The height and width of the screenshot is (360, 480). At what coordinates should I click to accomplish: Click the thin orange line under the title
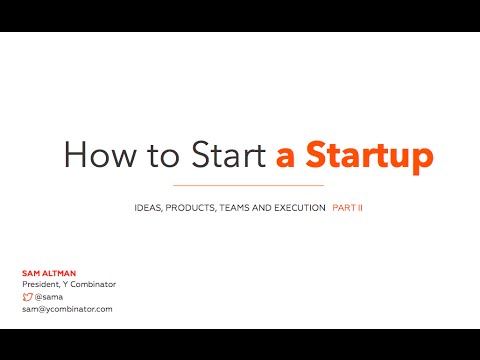[249, 186]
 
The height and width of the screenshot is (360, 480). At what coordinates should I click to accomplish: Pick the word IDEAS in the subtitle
[149, 208]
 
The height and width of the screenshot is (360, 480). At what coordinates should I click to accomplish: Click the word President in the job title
[41, 285]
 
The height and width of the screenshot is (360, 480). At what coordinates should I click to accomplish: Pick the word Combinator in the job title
[93, 285]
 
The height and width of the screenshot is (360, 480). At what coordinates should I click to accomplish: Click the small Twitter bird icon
[27, 297]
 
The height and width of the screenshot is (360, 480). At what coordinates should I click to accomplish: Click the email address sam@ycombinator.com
[67, 309]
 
